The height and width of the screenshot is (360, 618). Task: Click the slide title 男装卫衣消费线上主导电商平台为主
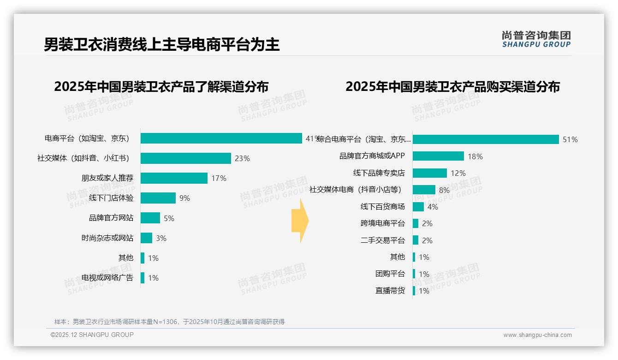click(x=161, y=45)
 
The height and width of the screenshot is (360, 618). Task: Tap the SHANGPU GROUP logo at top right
click(x=536, y=39)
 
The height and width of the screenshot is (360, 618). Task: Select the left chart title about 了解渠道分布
click(x=161, y=87)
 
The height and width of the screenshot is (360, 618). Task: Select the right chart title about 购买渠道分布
click(x=452, y=87)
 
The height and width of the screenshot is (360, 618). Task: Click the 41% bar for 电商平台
click(x=221, y=138)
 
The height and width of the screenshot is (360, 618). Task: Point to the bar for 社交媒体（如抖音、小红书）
click(x=185, y=158)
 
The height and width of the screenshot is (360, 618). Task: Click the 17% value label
click(x=219, y=178)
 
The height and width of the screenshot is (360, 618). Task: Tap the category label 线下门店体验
click(x=111, y=198)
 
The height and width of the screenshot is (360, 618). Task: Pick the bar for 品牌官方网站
click(x=150, y=218)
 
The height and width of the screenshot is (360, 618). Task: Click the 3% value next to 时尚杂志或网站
click(x=161, y=238)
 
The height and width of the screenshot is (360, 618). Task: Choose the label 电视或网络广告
click(x=107, y=278)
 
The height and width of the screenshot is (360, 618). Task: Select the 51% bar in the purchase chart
click(x=486, y=139)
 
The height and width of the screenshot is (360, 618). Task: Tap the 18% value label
click(x=475, y=156)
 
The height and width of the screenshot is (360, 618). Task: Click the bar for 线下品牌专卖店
click(x=429, y=173)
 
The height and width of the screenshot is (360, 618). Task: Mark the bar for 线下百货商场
click(x=418, y=207)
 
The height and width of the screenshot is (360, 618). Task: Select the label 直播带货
click(x=390, y=291)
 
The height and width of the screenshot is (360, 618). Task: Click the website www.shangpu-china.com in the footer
click(x=537, y=335)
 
